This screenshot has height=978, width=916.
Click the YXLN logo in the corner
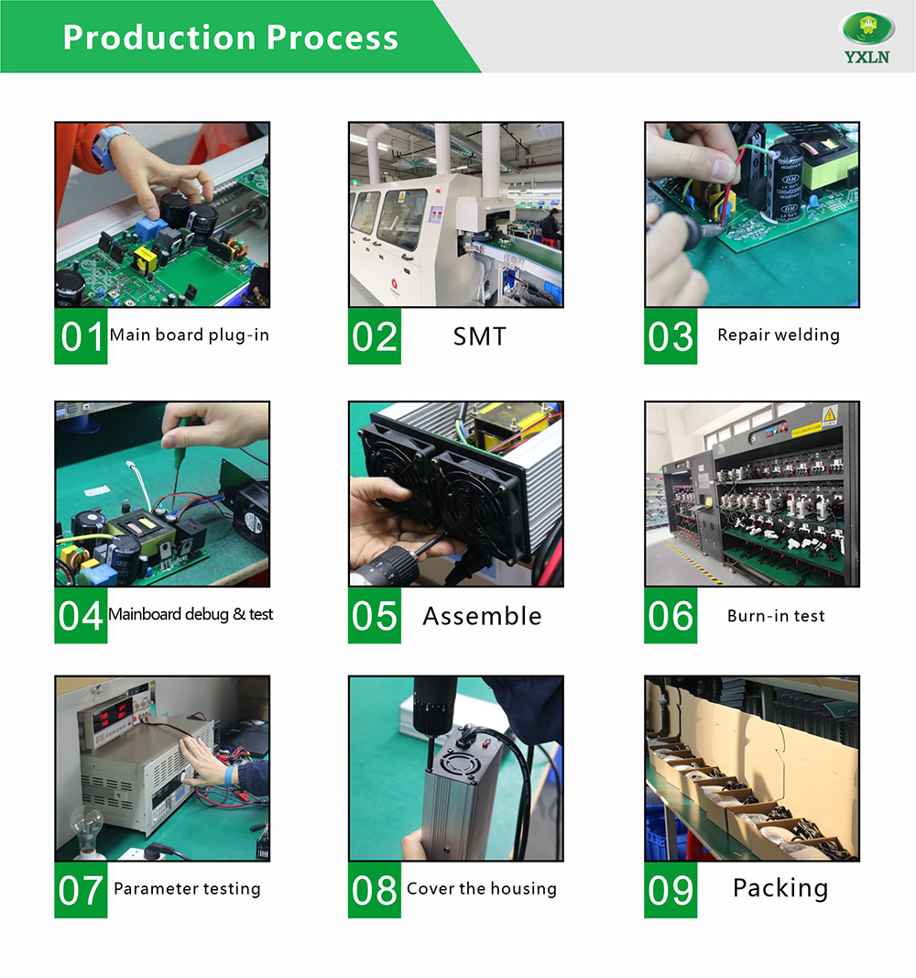click(867, 38)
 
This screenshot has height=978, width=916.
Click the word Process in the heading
click(333, 38)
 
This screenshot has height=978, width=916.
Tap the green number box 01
click(81, 336)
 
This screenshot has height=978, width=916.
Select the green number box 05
click(374, 616)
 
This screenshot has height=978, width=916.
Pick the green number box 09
click(671, 890)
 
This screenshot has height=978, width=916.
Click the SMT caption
click(479, 336)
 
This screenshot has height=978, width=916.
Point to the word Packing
click(780, 888)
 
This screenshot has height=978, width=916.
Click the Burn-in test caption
click(776, 616)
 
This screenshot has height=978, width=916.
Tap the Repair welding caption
click(779, 335)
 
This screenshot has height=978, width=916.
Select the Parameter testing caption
click(187, 889)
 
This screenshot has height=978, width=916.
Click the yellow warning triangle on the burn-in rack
click(829, 415)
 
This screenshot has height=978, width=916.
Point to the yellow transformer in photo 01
click(146, 258)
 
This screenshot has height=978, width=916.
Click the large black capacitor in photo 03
click(787, 181)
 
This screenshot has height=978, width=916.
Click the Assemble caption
click(483, 616)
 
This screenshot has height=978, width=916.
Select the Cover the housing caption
click(482, 889)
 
